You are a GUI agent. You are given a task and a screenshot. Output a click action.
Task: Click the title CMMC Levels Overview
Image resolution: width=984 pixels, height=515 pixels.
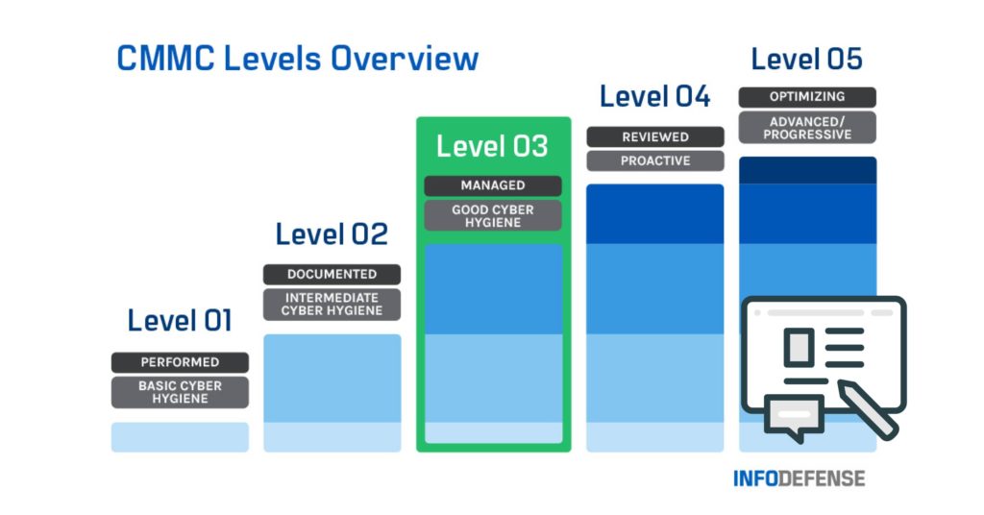(297, 59)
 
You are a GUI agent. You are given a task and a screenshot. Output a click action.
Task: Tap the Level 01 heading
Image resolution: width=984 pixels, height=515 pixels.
(180, 321)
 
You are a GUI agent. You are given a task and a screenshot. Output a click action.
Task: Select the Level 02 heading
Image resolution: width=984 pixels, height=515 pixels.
(332, 233)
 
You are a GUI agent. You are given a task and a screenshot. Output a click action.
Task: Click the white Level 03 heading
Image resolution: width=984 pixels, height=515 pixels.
(492, 147)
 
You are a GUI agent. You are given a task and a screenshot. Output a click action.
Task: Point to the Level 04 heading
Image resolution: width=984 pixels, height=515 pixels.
(654, 97)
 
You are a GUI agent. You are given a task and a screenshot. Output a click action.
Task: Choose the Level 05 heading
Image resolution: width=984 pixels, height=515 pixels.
(806, 60)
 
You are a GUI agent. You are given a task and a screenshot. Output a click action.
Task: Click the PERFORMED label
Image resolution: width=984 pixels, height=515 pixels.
(180, 362)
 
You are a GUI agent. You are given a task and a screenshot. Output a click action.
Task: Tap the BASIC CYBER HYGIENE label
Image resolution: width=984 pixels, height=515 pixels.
(180, 392)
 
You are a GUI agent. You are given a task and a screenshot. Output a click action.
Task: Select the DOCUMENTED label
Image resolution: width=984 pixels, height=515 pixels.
(332, 275)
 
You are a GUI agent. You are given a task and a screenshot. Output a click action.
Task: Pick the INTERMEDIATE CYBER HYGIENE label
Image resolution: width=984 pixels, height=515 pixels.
(332, 305)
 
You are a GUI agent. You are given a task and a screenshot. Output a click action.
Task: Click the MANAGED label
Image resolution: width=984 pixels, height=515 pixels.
(493, 185)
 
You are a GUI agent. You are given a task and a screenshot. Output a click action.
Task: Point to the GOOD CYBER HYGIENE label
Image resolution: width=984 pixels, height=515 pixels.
(493, 215)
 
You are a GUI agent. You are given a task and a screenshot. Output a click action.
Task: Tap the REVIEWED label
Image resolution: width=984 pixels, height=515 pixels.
(654, 137)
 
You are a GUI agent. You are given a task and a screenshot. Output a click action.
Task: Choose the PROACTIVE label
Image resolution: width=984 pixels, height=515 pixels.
(654, 161)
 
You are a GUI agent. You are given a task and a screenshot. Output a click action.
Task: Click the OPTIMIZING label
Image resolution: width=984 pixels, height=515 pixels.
(807, 97)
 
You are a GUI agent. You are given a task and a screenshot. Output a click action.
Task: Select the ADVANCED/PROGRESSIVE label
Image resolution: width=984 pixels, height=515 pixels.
(807, 128)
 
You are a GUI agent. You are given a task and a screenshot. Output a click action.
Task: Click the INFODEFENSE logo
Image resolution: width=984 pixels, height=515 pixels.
(799, 478)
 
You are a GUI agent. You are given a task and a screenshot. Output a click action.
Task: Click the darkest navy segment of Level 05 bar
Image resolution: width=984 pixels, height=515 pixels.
(807, 169)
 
